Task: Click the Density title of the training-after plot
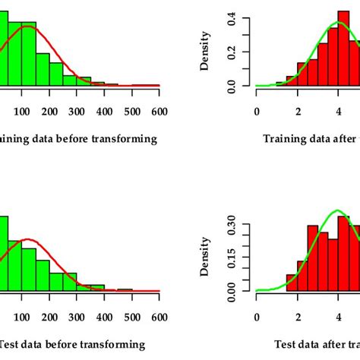coord(205,55)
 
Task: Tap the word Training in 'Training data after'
coord(286,139)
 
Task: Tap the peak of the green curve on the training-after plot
coord(339,22)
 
